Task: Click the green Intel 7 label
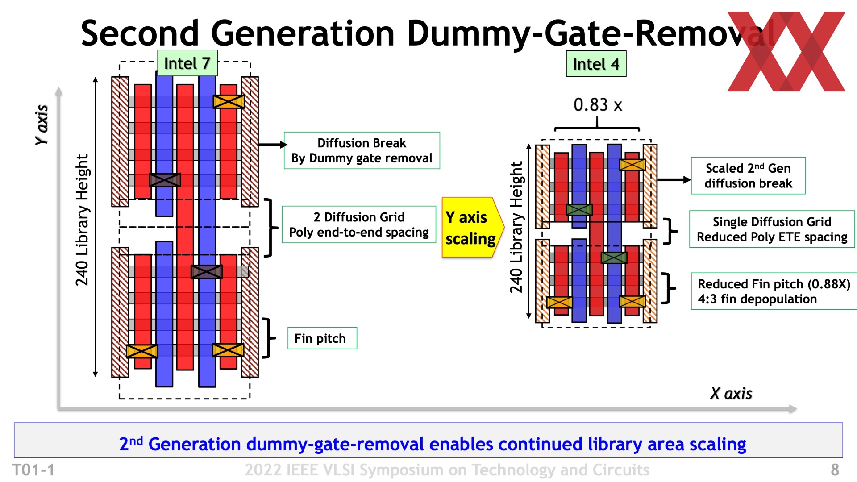[x=187, y=63]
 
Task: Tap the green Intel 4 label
[x=596, y=64]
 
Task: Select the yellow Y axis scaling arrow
[x=471, y=228]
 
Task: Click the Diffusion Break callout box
[x=362, y=150]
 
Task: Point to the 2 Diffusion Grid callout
[x=359, y=224]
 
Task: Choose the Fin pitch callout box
[x=322, y=338]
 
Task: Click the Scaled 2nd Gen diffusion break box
[x=748, y=175]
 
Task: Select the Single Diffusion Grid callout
[x=772, y=229]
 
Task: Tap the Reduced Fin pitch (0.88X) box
[x=774, y=291]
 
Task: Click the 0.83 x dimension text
[x=598, y=105]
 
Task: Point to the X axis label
[x=731, y=394]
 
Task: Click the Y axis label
[x=42, y=125]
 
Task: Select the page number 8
[x=835, y=470]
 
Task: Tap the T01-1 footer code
[x=33, y=470]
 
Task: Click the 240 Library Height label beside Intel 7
[x=82, y=220]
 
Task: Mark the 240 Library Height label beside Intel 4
[x=516, y=227]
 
